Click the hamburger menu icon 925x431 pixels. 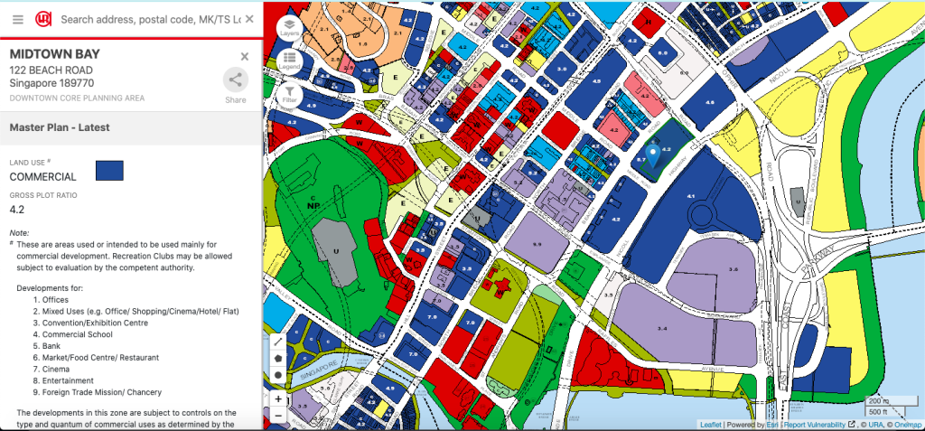[x=17, y=19]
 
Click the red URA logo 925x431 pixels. [x=43, y=19]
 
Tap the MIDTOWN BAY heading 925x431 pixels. [x=54, y=54]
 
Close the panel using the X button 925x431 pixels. [x=244, y=56]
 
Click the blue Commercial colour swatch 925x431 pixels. [x=109, y=171]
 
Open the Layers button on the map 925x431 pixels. [x=289, y=26]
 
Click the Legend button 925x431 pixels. [x=289, y=60]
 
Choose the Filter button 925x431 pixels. [x=289, y=93]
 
